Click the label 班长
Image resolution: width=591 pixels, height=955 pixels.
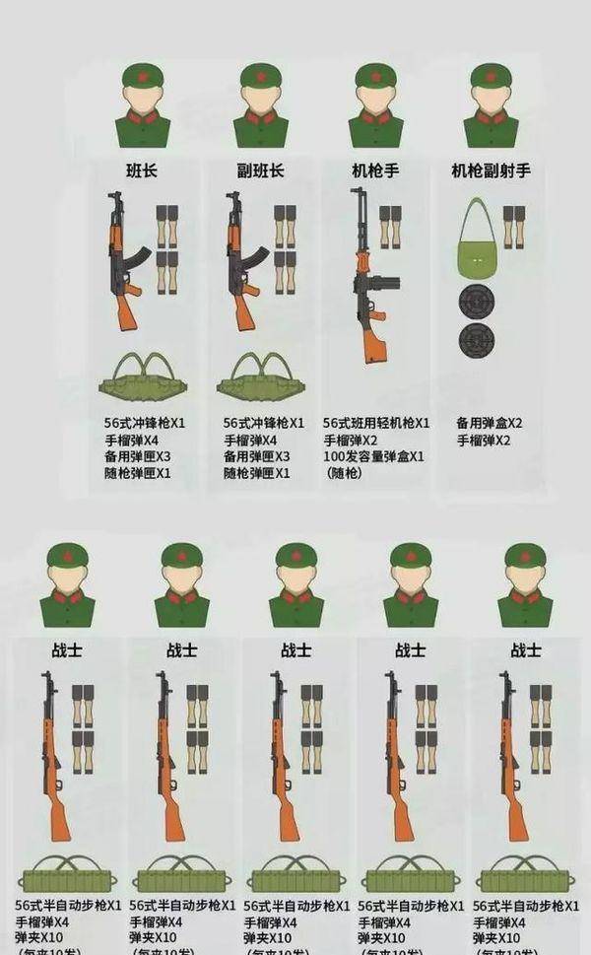coord(142,171)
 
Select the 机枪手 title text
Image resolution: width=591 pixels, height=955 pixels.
coord(375,171)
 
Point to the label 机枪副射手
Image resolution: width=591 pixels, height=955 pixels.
coord(491,171)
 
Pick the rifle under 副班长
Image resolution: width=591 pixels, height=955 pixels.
coord(242,261)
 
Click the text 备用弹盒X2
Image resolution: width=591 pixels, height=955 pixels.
coord(491,423)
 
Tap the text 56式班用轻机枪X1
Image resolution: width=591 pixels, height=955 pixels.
coord(376,423)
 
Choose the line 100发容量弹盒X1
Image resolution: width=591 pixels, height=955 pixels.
coord(374,456)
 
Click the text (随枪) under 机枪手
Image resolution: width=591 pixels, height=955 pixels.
coord(344,473)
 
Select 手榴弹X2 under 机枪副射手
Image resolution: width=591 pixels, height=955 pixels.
coord(484,440)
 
